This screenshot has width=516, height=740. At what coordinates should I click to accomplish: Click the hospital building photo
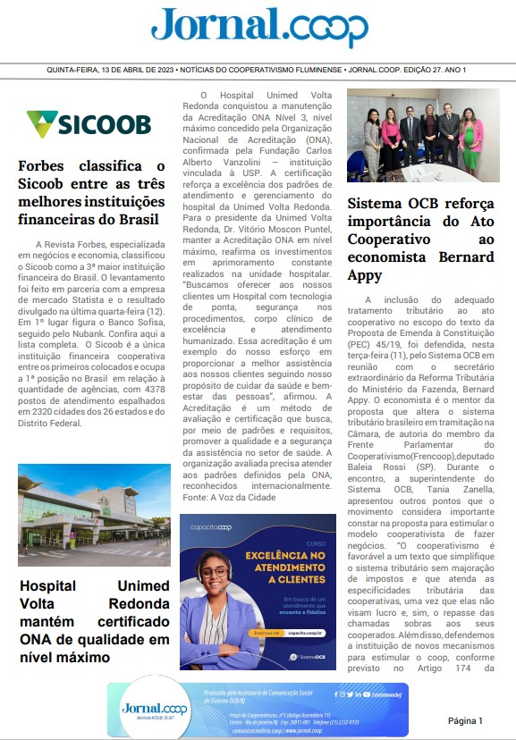click(94, 514)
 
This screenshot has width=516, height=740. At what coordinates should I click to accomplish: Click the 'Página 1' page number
click(465, 720)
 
